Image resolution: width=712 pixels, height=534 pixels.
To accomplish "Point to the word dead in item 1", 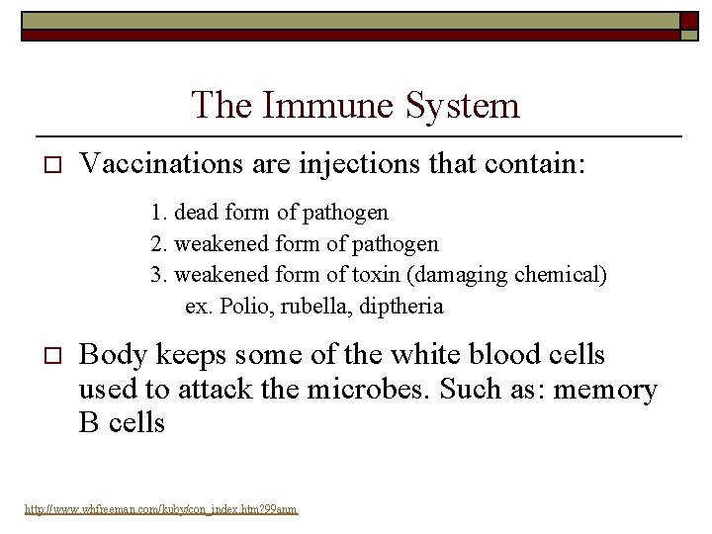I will tap(196, 213).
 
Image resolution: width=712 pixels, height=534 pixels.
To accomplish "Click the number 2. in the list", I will tap(159, 243).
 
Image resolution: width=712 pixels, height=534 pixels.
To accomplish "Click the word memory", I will tap(605, 390).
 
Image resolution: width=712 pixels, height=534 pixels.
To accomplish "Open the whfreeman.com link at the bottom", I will tap(160, 510).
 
